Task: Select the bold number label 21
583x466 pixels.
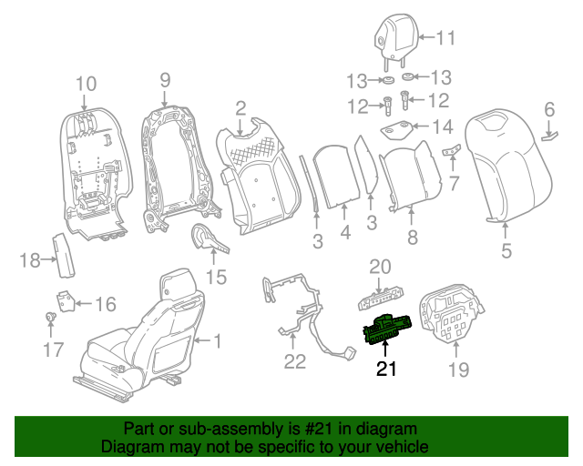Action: pyautogui.click(x=387, y=369)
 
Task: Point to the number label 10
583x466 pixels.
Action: pyautogui.click(x=85, y=85)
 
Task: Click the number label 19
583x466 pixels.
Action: pyautogui.click(x=457, y=369)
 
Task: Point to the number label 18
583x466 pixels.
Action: pyautogui.click(x=30, y=261)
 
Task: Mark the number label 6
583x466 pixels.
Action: pyautogui.click(x=549, y=110)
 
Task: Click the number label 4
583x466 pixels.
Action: pyautogui.click(x=344, y=233)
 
